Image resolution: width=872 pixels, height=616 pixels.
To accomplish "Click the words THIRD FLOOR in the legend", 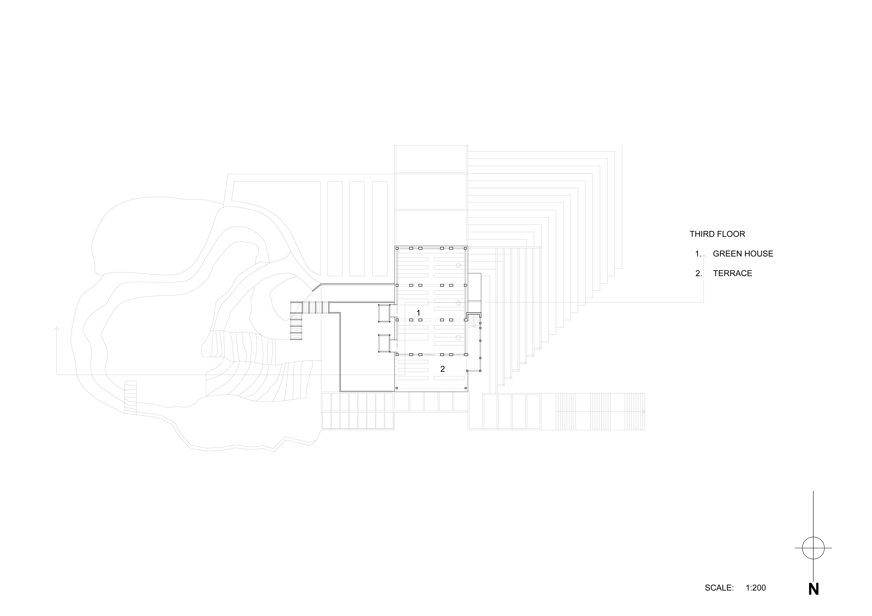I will coord(717,234).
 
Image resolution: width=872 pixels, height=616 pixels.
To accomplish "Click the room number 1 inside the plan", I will coord(418,313).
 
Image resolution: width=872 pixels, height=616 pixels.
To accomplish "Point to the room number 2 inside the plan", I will coord(442,369).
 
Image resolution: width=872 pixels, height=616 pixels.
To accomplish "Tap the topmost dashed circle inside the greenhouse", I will coord(458,265).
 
